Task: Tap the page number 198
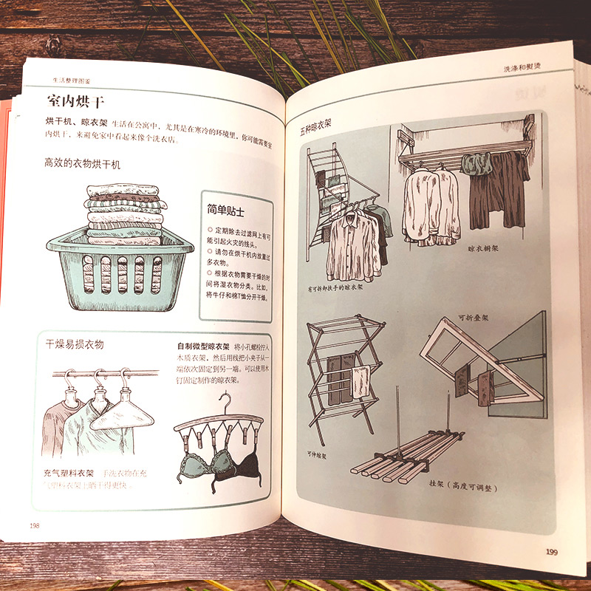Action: click(35, 525)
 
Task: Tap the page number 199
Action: click(551, 550)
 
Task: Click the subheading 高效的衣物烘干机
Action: click(82, 164)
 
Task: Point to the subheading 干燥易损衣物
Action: click(75, 344)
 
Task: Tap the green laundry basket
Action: click(120, 270)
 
